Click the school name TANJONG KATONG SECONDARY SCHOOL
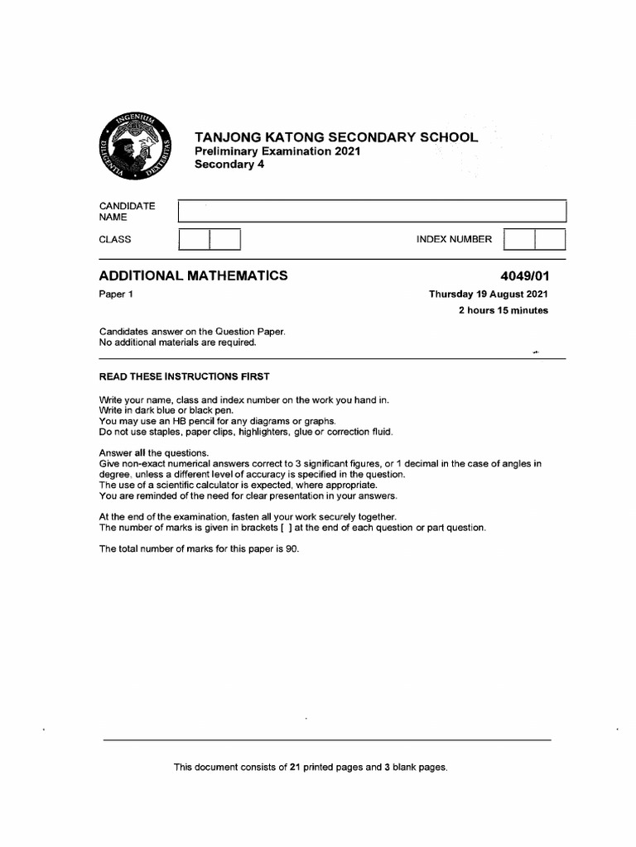pos(335,136)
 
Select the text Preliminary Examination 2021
pos(277,151)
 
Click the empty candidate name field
pos(372,211)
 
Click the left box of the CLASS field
pos(195,240)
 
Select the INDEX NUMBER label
pos(454,239)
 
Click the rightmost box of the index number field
pos(550,240)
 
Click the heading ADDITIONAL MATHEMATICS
pos(194,275)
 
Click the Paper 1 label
pos(116,294)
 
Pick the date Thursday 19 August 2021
pos(488,294)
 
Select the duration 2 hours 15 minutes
pos(503,310)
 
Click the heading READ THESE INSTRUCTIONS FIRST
pos(184,376)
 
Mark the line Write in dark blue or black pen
pos(166,410)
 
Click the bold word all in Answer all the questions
pos(146,453)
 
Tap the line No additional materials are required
pos(178,342)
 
